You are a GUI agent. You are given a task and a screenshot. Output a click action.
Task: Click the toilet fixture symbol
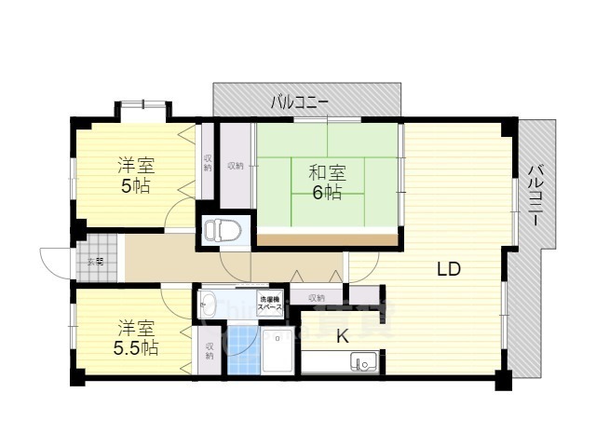tap(222, 229)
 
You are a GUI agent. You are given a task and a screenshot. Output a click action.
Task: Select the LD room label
tap(449, 270)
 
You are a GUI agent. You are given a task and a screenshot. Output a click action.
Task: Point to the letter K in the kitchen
tap(342, 336)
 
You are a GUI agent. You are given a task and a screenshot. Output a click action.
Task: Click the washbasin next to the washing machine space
tap(210, 305)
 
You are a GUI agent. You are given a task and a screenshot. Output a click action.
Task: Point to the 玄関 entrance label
tap(97, 262)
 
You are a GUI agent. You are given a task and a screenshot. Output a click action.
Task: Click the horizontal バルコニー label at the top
tap(300, 102)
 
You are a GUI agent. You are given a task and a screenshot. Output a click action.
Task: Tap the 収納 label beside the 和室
tap(236, 166)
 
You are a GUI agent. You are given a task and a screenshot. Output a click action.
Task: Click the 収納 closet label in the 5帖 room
tap(207, 163)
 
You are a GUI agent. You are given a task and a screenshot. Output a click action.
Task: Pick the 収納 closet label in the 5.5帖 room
tap(210, 350)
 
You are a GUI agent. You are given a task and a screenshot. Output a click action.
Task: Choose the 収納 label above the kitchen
tap(316, 298)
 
